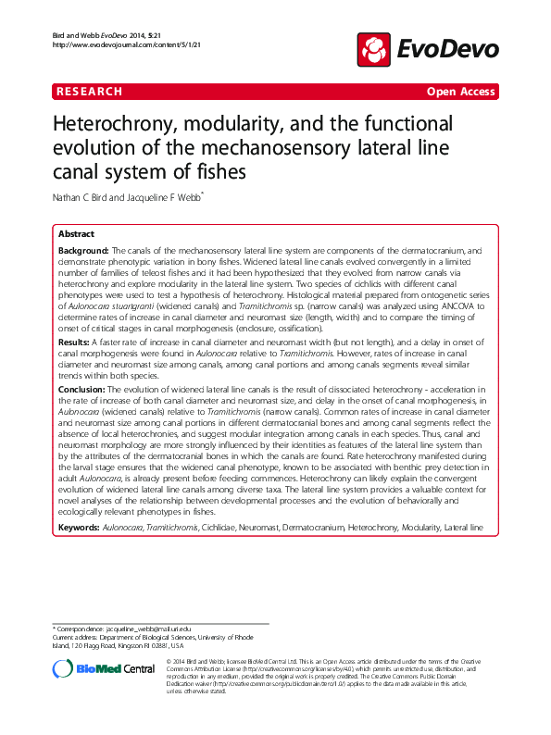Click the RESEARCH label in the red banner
[x=90, y=92]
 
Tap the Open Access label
[x=461, y=92]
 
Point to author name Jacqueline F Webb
[x=195, y=197]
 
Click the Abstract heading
[x=77, y=235]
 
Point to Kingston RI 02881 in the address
[x=156, y=646]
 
